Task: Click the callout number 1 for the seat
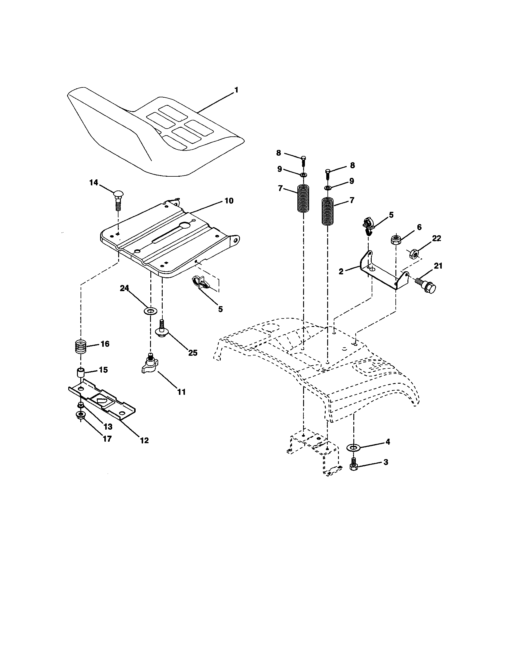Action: pos(236,90)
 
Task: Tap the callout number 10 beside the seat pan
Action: pos(229,201)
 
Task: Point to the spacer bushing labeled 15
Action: pos(81,373)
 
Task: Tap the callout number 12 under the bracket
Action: pos(144,440)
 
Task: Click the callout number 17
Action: pos(107,439)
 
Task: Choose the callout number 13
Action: pos(108,426)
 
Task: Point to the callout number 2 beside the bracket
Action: pos(341,272)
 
